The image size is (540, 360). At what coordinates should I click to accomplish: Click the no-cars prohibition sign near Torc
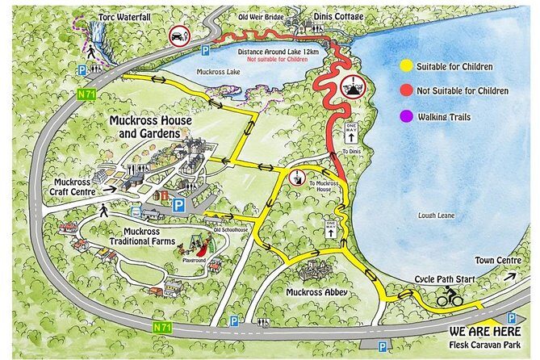pyautogui.click(x=178, y=36)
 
